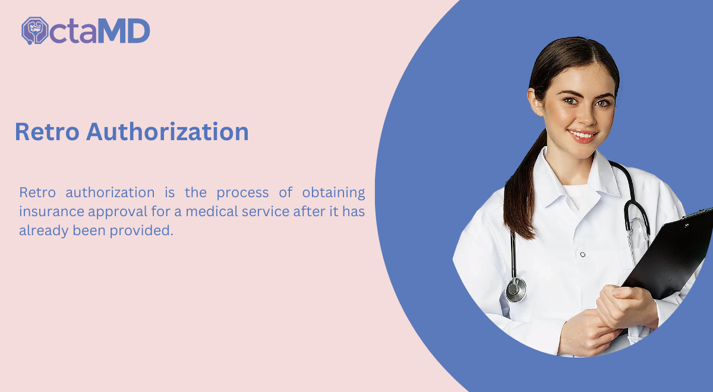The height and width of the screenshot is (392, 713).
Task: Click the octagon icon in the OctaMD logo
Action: [34, 30]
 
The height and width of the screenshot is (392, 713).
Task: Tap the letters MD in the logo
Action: [124, 31]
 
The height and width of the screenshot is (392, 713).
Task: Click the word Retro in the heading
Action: [47, 131]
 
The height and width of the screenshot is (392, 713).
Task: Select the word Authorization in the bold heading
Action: [168, 131]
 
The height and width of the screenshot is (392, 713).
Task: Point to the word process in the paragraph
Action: [242, 193]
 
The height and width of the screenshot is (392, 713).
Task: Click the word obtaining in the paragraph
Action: [333, 193]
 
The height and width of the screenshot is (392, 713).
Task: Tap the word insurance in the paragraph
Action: [52, 211]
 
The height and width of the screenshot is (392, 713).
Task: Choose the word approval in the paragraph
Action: [118, 212]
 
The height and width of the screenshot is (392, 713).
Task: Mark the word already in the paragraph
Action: [43, 230]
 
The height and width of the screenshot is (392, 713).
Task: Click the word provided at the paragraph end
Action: [141, 230]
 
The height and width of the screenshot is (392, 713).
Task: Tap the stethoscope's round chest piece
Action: [516, 290]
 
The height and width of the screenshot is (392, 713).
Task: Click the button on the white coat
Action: [583, 255]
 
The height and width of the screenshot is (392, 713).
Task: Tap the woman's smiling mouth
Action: [582, 136]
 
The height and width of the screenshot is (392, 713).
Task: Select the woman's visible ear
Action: [535, 102]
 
